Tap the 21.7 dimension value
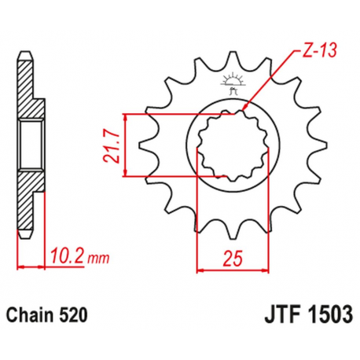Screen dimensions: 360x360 (111, 145)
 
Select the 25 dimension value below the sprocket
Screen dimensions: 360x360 (233, 257)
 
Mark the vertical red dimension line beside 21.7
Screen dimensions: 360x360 (125, 145)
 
